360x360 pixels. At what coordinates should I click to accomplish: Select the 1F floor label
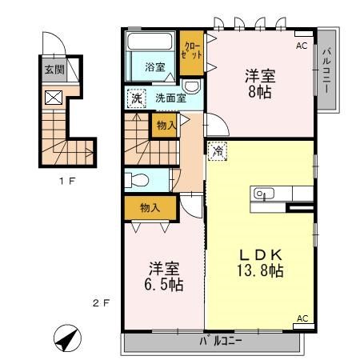coord(67,181)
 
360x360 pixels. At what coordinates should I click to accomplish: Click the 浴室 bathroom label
coord(155,67)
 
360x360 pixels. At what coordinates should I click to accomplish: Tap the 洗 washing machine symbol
coord(137,98)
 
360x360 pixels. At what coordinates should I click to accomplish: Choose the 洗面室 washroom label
coord(170,98)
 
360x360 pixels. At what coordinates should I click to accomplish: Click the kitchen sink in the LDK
coord(262,194)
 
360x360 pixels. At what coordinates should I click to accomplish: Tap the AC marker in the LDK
coord(302,319)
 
